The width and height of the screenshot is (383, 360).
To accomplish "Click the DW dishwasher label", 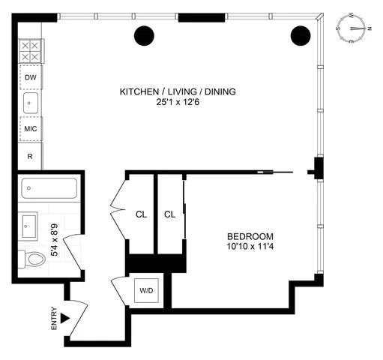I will [x=31, y=77].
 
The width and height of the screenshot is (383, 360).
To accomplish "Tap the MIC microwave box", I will [x=31, y=128].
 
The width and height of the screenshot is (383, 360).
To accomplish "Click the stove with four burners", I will [x=31, y=52].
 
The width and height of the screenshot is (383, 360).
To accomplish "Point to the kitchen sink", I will [x=31, y=103].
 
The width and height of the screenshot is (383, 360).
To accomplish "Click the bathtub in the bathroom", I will [x=49, y=188].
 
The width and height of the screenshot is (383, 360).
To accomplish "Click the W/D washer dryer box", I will [x=145, y=290].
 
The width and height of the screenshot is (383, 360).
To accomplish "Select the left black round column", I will [x=144, y=34].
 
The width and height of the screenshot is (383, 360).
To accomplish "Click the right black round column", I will [x=300, y=34].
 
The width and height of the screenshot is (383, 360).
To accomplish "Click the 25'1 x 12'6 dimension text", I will [x=178, y=103].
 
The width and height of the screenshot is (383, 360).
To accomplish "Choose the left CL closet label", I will [x=140, y=214].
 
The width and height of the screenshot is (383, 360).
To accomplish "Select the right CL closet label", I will [x=169, y=214].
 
